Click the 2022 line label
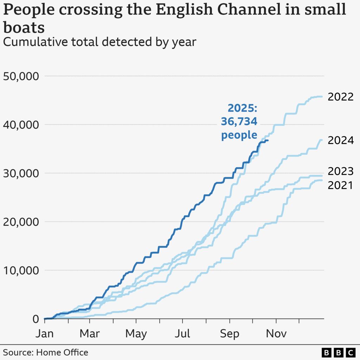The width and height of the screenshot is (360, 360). (340, 97)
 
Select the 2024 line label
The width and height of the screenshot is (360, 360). (340, 141)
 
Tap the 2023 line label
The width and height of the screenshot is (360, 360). (340, 172)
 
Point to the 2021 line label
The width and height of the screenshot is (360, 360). (340, 185)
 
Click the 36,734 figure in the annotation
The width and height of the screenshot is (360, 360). (239, 122)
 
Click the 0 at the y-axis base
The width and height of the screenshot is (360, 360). (35, 319)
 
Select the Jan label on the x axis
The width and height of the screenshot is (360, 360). (45, 333)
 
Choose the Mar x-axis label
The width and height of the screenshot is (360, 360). (90, 333)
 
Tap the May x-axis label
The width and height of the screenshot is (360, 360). (136, 333)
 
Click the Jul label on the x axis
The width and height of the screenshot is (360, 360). (183, 333)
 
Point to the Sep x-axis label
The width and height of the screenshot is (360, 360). (230, 333)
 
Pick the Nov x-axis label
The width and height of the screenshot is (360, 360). (276, 333)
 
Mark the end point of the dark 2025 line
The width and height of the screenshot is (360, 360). (268, 141)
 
